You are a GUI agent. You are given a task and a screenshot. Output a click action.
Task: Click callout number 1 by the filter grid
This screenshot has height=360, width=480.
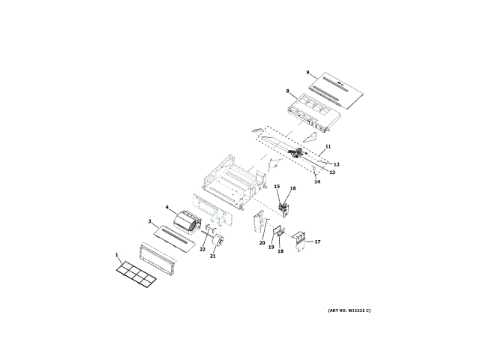pos(117,256)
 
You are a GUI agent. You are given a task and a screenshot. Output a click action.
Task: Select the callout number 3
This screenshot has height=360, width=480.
pos(149,222)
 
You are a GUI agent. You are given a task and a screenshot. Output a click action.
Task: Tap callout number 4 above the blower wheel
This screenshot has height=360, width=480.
pos(166,208)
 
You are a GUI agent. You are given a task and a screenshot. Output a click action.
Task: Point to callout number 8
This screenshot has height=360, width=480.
pos(287,91)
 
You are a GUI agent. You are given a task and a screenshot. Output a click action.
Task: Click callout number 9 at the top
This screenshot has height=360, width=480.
pos(307,72)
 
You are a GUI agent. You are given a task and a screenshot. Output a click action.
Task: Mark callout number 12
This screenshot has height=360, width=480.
pos(337,163)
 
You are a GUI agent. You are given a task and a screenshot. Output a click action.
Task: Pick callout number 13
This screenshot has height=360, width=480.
pos(331,172)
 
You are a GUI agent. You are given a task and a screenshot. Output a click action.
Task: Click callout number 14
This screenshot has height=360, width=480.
pos(316,181)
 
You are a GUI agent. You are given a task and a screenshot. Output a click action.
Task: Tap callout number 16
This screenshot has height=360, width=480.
pos(292,189)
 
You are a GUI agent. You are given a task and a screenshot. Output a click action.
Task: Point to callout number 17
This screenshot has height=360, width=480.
pos(317,241)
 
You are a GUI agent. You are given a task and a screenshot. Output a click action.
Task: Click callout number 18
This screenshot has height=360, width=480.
pos(280,251)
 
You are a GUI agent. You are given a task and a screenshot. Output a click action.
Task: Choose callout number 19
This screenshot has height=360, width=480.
pos(271,247)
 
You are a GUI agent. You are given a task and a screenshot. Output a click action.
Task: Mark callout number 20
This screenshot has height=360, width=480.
pos(262,242)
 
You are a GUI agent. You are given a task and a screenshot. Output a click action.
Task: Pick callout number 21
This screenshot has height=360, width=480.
pos(212,256)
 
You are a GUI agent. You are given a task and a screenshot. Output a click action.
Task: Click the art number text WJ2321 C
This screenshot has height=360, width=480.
pos(349,310)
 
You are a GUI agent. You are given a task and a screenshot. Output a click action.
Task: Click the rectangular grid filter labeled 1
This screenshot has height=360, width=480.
pos(136,274)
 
